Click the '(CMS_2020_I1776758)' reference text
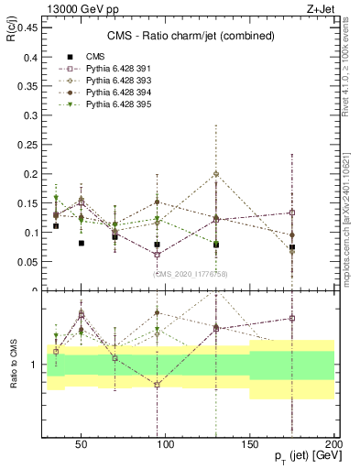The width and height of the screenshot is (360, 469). (190, 274)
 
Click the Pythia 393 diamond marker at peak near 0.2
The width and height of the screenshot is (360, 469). (216, 174)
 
